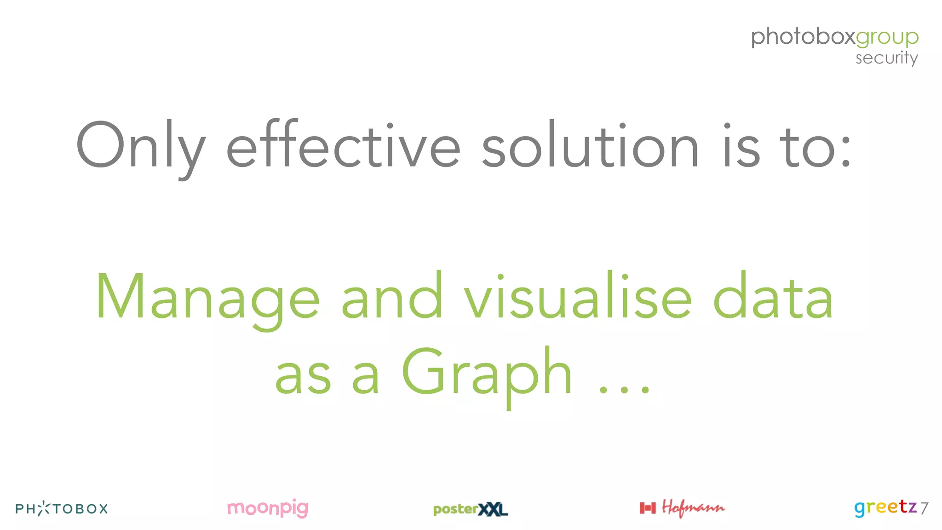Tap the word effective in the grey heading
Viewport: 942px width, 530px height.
(x=343, y=146)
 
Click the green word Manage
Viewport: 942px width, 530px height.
(x=207, y=298)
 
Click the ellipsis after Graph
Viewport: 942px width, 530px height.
(x=624, y=390)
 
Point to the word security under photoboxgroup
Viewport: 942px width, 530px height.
(x=886, y=58)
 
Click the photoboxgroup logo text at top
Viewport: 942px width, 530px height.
(x=834, y=37)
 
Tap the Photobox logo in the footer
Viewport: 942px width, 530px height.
(x=62, y=508)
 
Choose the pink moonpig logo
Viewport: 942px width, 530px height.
(x=268, y=508)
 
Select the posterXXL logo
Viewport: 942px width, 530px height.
(x=470, y=509)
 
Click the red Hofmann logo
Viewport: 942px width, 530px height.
(x=693, y=508)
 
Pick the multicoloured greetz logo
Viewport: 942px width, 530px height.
(x=885, y=507)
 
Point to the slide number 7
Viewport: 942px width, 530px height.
(x=924, y=508)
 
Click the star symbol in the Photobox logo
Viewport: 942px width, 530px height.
(x=44, y=508)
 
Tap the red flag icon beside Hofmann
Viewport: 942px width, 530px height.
(x=648, y=508)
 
